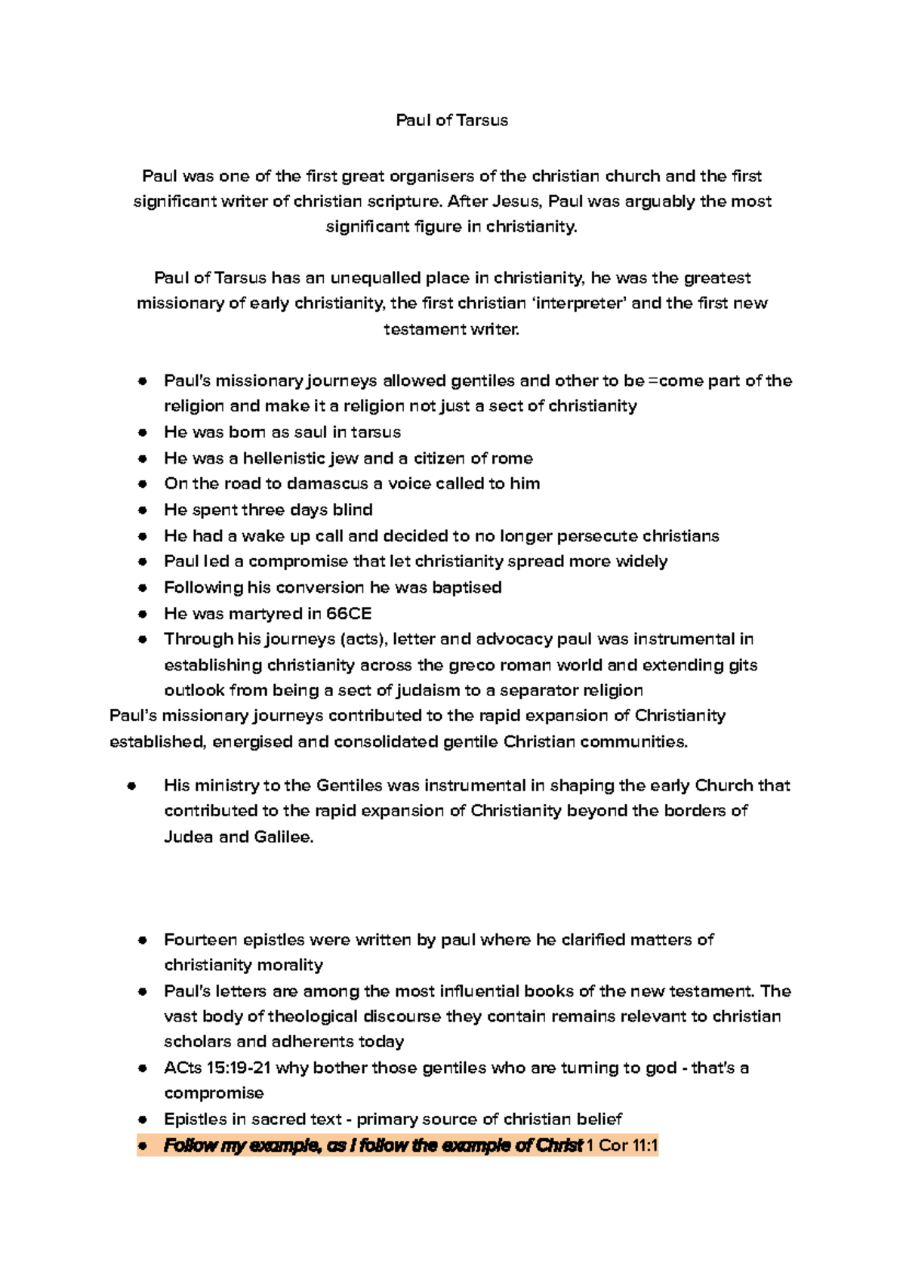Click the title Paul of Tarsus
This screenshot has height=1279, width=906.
tap(451, 120)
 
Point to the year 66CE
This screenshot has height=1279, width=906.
tap(349, 614)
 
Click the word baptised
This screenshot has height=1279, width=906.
tap(466, 587)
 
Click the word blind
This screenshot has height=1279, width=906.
tap(353, 510)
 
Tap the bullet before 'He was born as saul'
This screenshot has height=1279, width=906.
tap(142, 433)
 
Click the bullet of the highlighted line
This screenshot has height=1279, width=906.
tap(142, 1145)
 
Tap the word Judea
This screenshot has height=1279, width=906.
tap(188, 837)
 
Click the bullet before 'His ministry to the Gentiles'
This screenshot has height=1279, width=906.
tap(131, 786)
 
